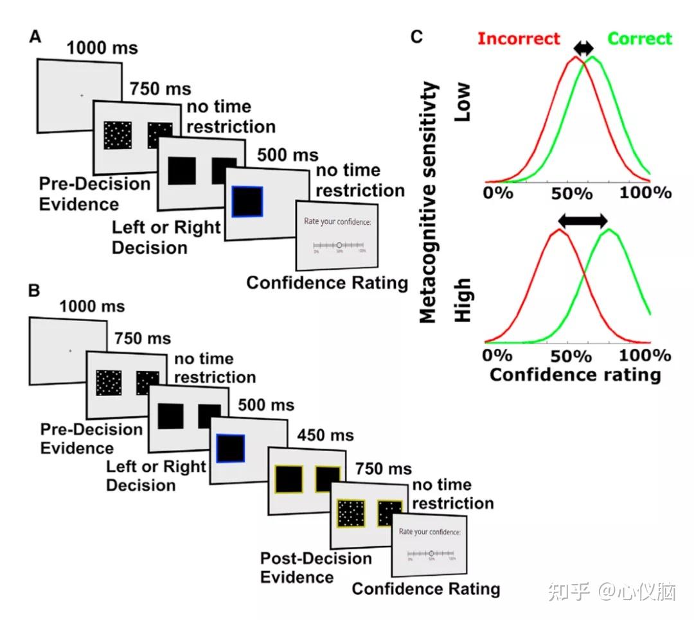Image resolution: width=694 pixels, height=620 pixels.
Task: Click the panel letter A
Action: pyautogui.click(x=35, y=37)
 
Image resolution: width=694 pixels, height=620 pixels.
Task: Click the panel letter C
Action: pyautogui.click(x=416, y=37)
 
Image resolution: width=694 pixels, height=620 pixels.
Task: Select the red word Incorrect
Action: pyautogui.click(x=519, y=39)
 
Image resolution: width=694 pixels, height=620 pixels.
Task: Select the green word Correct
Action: pyautogui.click(x=639, y=39)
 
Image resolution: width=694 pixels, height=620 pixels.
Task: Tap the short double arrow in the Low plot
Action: pyautogui.click(x=583, y=48)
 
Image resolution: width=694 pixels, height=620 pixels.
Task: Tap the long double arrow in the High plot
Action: pyautogui.click(x=582, y=221)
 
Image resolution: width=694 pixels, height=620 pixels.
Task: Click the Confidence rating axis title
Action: pyautogui.click(x=575, y=374)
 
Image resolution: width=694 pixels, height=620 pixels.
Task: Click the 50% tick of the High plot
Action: pyautogui.click(x=573, y=355)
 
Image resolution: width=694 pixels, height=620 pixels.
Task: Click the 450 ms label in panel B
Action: pyautogui.click(x=325, y=436)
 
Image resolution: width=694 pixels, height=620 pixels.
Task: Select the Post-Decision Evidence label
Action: pyautogui.click(x=316, y=567)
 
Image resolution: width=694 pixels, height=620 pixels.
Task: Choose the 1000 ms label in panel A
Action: pyautogui.click(x=102, y=48)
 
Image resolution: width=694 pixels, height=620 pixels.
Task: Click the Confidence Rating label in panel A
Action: pyautogui.click(x=327, y=283)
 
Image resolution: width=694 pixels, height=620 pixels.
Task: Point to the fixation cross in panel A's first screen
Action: pyautogui.click(x=82, y=96)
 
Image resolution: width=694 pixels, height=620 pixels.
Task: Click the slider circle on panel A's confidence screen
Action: pyautogui.click(x=339, y=245)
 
